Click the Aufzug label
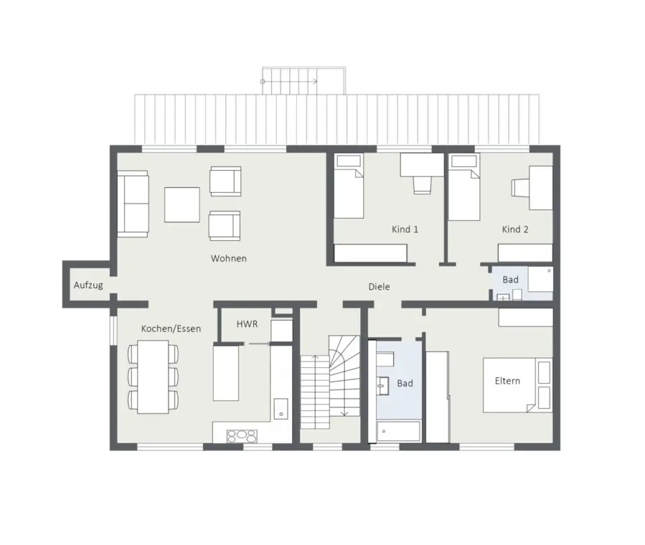click(88, 285)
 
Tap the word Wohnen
click(229, 258)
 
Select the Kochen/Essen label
click(171, 328)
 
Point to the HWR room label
click(247, 323)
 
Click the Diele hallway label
click(379, 287)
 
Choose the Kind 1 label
click(405, 229)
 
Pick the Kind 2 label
click(515, 229)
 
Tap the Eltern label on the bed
click(507, 381)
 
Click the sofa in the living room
click(132, 203)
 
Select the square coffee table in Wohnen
click(182, 204)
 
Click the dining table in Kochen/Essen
click(153, 377)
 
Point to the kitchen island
click(225, 372)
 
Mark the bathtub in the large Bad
click(398, 432)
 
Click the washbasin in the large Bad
click(383, 382)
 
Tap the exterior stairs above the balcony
click(304, 81)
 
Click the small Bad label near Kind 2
click(510, 279)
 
